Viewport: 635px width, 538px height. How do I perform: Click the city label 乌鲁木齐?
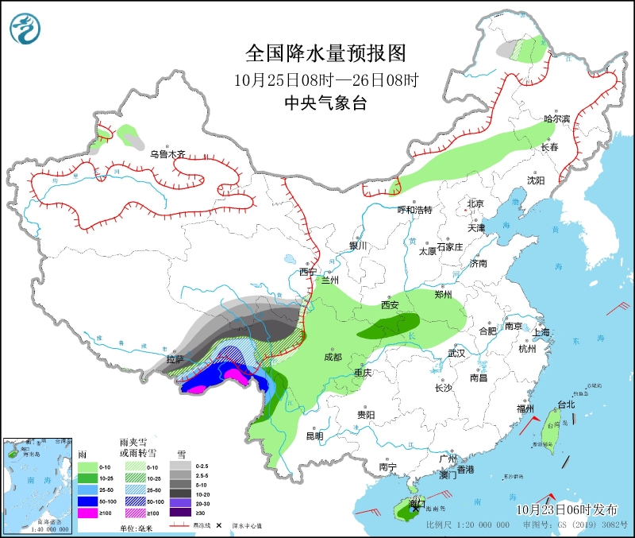(x=167, y=154)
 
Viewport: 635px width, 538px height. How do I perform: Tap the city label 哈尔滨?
(x=557, y=118)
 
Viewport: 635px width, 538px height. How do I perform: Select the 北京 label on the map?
(x=475, y=203)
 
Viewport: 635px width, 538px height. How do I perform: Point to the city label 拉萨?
(x=175, y=360)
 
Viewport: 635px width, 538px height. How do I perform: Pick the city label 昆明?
(x=314, y=436)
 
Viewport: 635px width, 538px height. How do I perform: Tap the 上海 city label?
(x=543, y=332)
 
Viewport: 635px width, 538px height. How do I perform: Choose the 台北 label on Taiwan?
(x=566, y=404)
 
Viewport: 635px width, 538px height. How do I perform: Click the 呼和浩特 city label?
(x=414, y=210)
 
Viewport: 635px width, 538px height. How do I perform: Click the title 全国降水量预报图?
(x=326, y=53)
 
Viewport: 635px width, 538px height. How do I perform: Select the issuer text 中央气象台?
(x=326, y=103)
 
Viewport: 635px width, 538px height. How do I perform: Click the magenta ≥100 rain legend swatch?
(x=86, y=514)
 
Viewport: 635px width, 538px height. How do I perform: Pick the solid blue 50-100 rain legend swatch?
(x=86, y=502)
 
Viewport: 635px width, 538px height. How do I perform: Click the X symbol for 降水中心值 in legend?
(x=218, y=526)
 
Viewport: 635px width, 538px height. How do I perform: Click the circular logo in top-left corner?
(x=25, y=29)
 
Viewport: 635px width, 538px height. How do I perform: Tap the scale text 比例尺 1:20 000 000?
(x=468, y=526)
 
